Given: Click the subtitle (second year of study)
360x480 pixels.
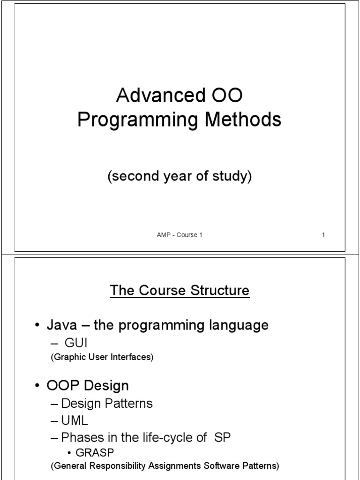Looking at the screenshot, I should point(180,177).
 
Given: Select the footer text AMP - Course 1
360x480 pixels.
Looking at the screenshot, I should point(180,235).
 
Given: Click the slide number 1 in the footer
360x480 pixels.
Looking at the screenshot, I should point(323,235).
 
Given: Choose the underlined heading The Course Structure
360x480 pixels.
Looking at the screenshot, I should point(180,291).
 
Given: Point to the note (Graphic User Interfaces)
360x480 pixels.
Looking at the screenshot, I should point(102,357).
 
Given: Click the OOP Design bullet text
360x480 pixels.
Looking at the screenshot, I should point(88,386).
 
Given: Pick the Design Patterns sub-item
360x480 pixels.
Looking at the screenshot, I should point(107,403).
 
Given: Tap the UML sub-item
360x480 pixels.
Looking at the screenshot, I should point(75,420).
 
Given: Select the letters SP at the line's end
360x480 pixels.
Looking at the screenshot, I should point(222,437).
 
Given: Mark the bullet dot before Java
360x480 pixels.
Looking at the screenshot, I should point(37,326).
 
